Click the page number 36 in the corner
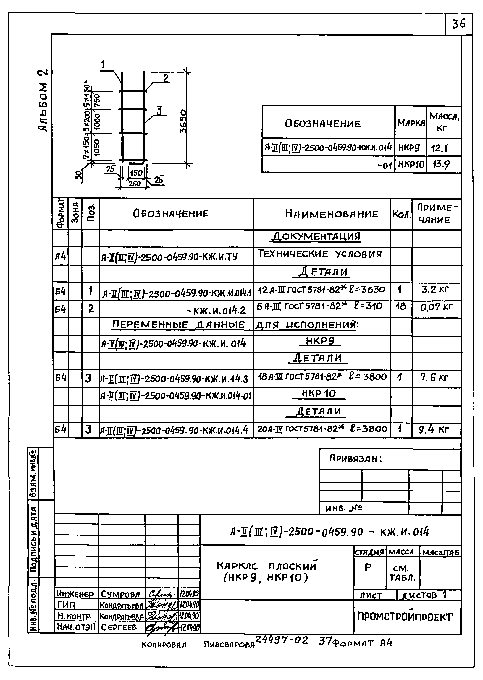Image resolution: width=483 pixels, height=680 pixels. tap(459, 24)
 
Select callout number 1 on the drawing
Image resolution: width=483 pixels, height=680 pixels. tap(103, 64)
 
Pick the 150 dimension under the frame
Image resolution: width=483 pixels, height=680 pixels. tap(136, 173)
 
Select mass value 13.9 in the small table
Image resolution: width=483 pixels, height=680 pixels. tap(441, 164)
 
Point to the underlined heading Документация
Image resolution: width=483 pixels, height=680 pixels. tap(316, 237)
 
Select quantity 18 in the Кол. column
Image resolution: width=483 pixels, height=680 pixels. tap(401, 306)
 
